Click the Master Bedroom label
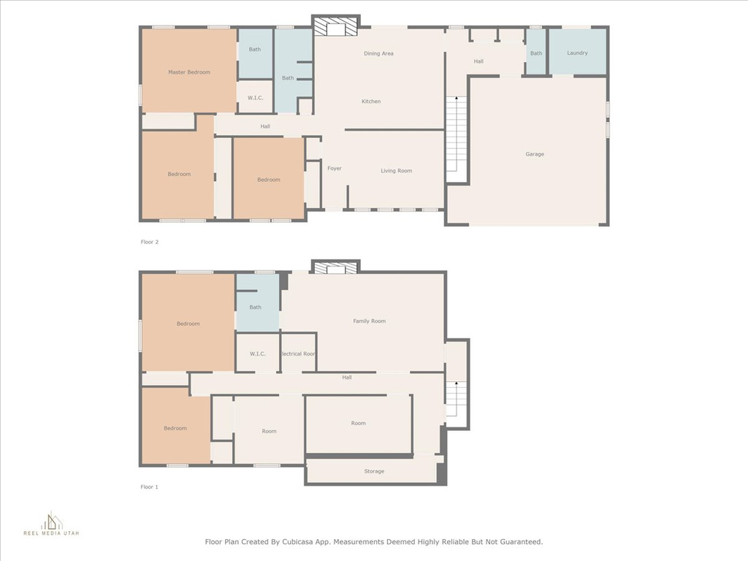189,72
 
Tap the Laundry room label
577,53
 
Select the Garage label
535,154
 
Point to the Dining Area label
379,53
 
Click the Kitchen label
371,101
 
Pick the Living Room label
397,171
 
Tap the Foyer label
335,169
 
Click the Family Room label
369,321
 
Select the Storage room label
374,471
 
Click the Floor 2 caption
149,242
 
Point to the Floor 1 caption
149,487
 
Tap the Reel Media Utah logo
52,523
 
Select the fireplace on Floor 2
336,27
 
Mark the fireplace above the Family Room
336,267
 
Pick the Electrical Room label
298,354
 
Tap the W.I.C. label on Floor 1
258,354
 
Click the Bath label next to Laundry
536,53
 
